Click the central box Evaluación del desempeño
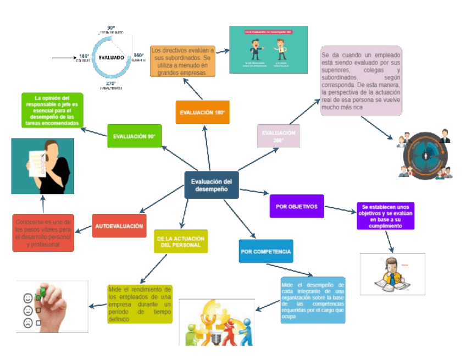pos(212,185)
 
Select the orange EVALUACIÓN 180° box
pos(202,113)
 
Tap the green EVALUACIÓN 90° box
pos(134,136)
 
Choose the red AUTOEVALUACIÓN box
pos(119,226)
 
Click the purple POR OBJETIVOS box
pos(297,206)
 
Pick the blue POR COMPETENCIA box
pos(266,251)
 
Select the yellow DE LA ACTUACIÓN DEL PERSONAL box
pos(181,241)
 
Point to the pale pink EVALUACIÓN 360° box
pos(279,136)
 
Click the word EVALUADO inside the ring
pos(112,57)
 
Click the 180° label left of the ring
pos(84,56)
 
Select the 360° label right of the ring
pos(138,56)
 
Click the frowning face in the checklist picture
pos(27,323)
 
